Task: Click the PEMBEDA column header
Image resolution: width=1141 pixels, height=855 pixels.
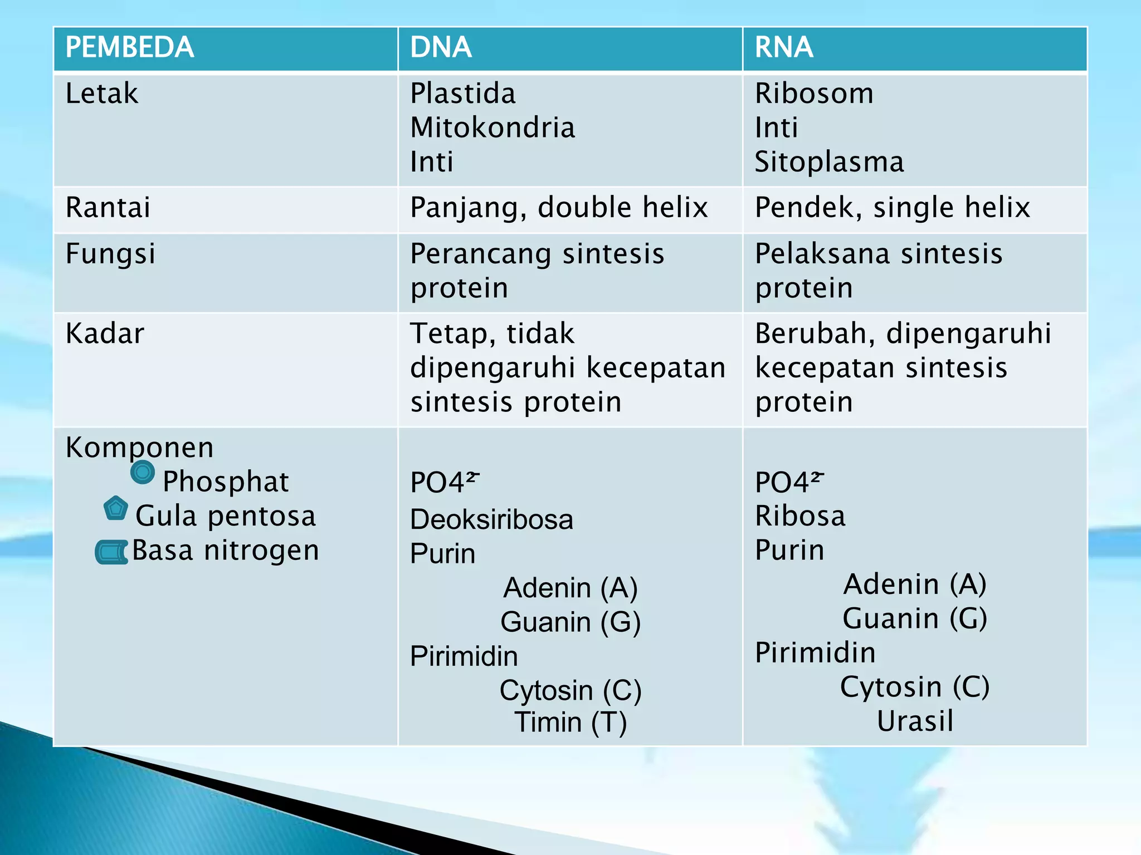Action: (129, 48)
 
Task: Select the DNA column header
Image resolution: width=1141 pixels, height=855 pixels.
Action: (441, 48)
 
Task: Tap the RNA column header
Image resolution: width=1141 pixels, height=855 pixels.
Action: (783, 48)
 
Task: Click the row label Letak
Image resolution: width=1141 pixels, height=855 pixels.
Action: (101, 94)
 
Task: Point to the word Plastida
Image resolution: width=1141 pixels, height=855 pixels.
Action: (462, 94)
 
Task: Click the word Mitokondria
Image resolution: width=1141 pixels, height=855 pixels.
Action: (493, 128)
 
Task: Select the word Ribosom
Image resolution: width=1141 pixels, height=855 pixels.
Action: (814, 94)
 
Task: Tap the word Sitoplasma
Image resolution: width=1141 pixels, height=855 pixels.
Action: (829, 163)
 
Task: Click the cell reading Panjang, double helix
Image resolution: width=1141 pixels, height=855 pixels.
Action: (559, 208)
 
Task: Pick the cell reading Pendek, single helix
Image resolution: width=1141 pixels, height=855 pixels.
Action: (893, 208)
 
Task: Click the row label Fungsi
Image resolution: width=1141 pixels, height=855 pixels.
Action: (110, 254)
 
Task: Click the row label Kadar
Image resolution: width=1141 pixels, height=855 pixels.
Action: (105, 334)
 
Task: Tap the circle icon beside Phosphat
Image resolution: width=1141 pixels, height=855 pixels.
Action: (143, 473)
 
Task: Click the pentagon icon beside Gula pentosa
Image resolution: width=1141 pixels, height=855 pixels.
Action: (116, 508)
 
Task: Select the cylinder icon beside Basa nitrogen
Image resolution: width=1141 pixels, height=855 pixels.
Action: (112, 552)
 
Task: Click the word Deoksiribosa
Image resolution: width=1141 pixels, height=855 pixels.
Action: (491, 520)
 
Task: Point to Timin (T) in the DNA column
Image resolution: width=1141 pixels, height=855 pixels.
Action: (570, 723)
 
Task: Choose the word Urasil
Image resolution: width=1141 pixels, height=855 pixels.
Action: (915, 721)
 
